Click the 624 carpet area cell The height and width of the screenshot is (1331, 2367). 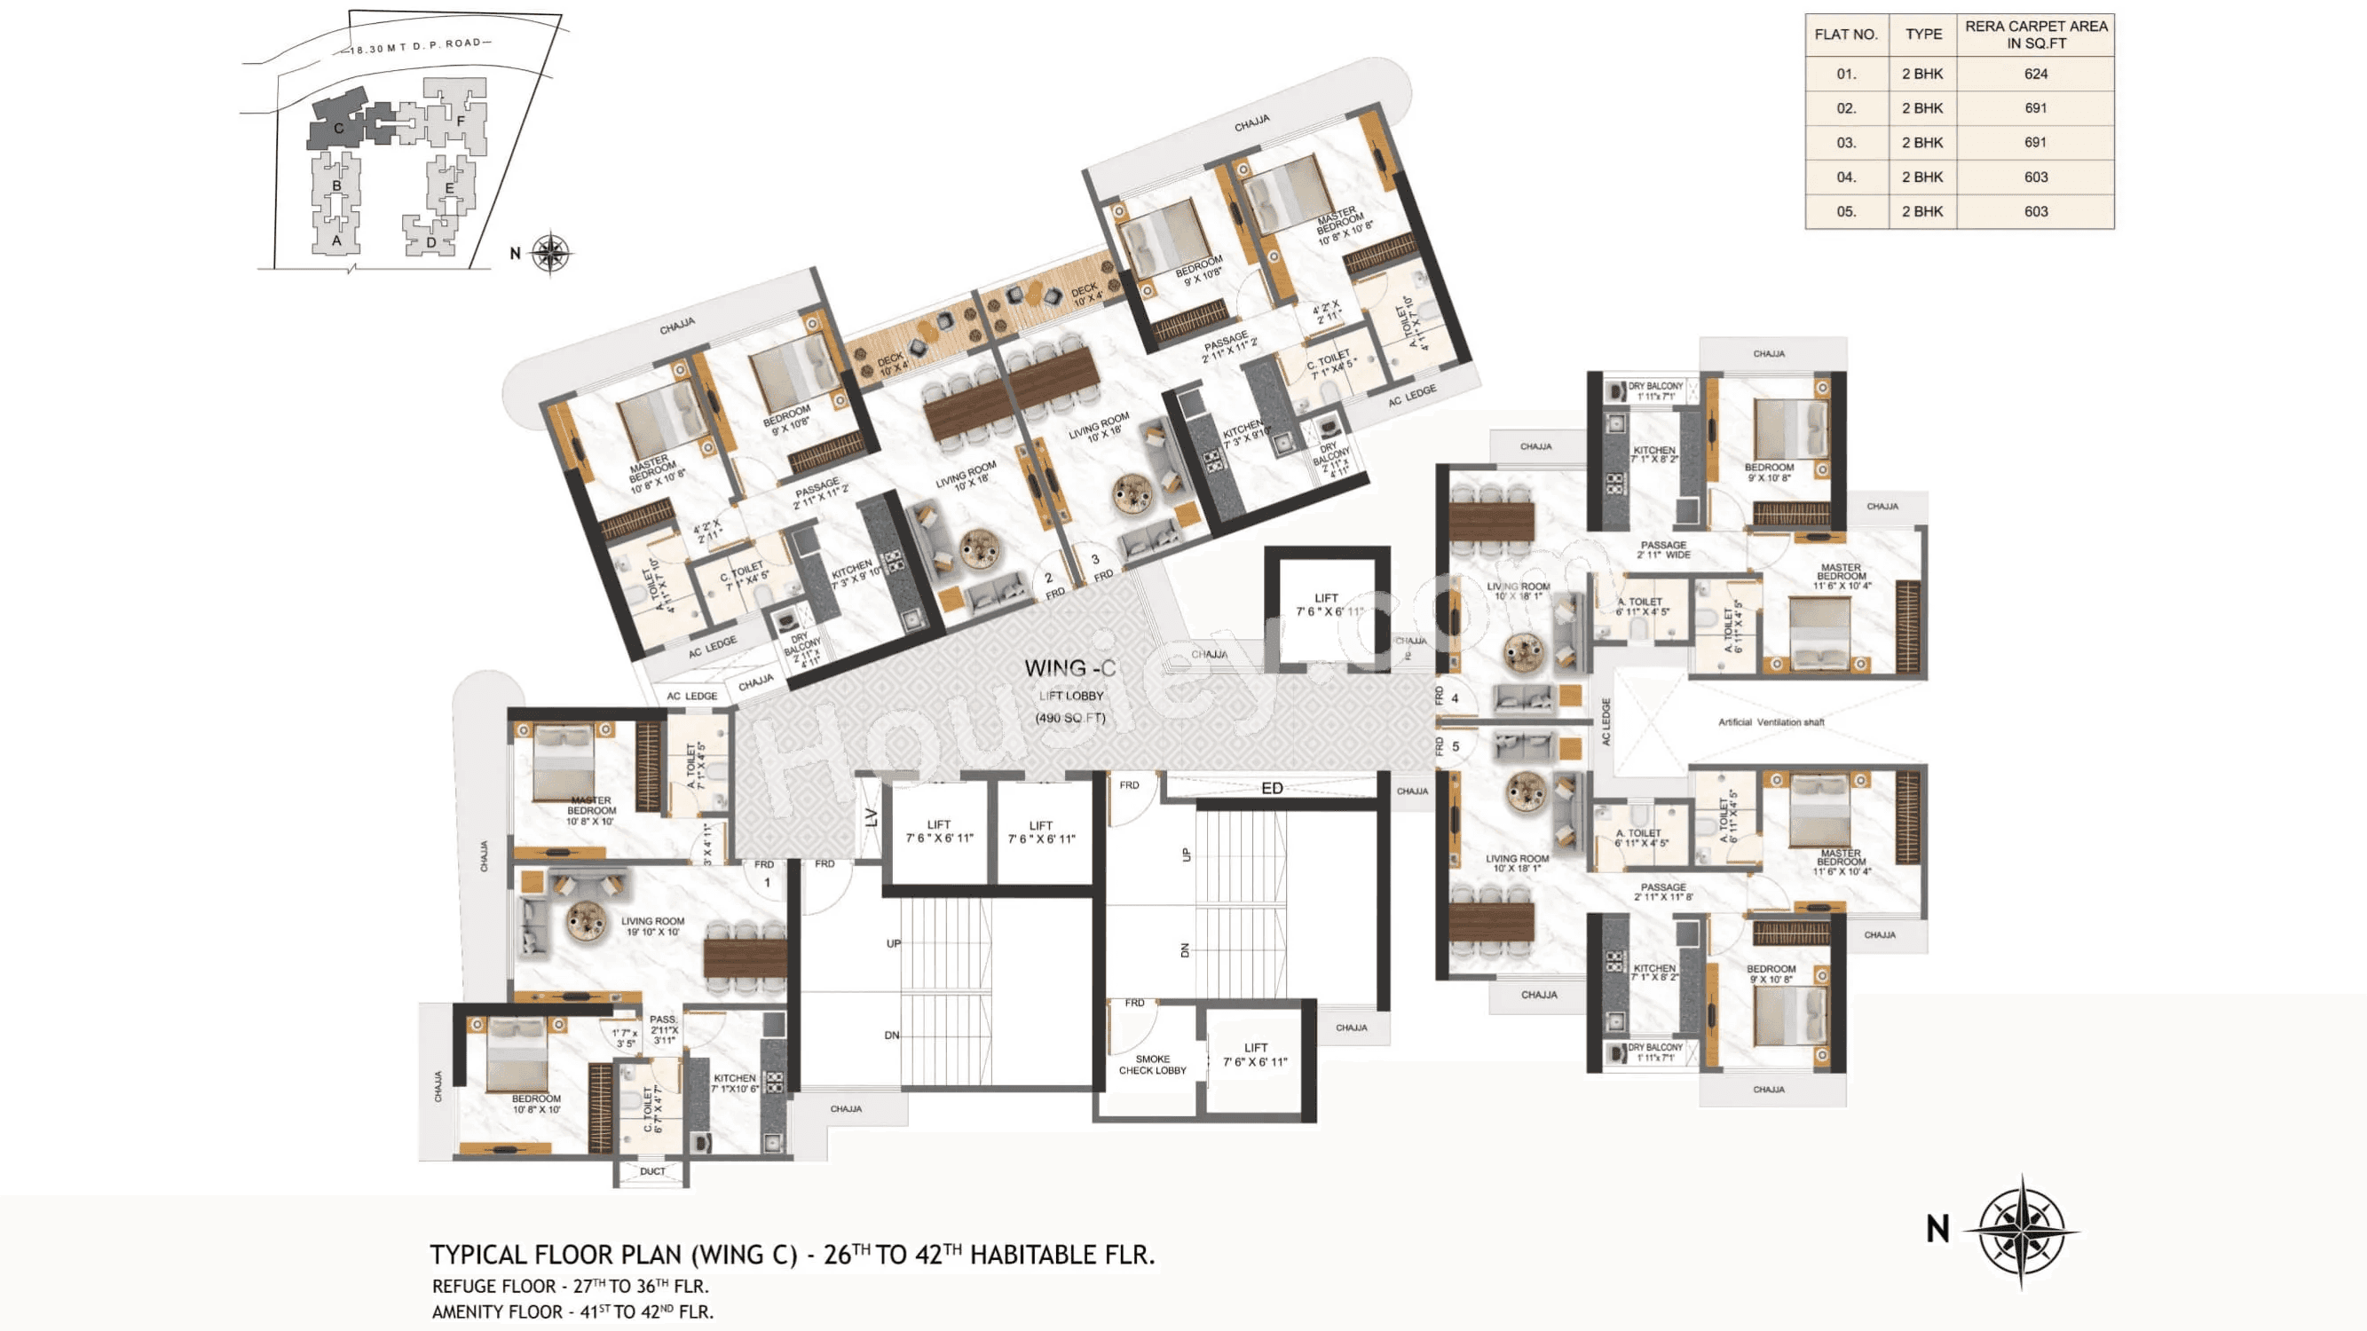pyautogui.click(x=2035, y=74)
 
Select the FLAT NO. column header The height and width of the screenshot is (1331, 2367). pyautogui.click(x=1845, y=35)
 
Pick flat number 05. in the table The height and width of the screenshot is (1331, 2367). pyautogui.click(x=1846, y=211)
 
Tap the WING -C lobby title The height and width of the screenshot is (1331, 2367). pyautogui.click(x=1069, y=668)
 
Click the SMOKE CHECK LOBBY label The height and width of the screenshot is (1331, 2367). pyautogui.click(x=1152, y=1065)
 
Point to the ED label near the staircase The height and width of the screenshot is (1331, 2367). pyautogui.click(x=1272, y=788)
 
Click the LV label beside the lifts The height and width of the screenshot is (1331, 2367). pyautogui.click(x=871, y=816)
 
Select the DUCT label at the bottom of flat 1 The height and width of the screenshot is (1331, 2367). pyautogui.click(x=652, y=1171)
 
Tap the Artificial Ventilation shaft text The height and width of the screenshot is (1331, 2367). pyautogui.click(x=1771, y=722)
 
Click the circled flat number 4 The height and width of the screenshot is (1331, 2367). pyautogui.click(x=1455, y=698)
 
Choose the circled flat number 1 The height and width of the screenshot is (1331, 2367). pyautogui.click(x=767, y=883)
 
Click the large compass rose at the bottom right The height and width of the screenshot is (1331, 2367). pyautogui.click(x=2021, y=1229)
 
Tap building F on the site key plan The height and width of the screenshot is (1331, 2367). pyautogui.click(x=461, y=121)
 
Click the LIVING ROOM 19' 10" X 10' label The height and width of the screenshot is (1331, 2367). pyautogui.click(x=652, y=925)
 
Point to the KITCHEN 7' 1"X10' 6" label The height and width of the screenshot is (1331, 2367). pyautogui.click(x=734, y=1083)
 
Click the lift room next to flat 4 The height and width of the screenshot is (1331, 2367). pyautogui.click(x=1326, y=604)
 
